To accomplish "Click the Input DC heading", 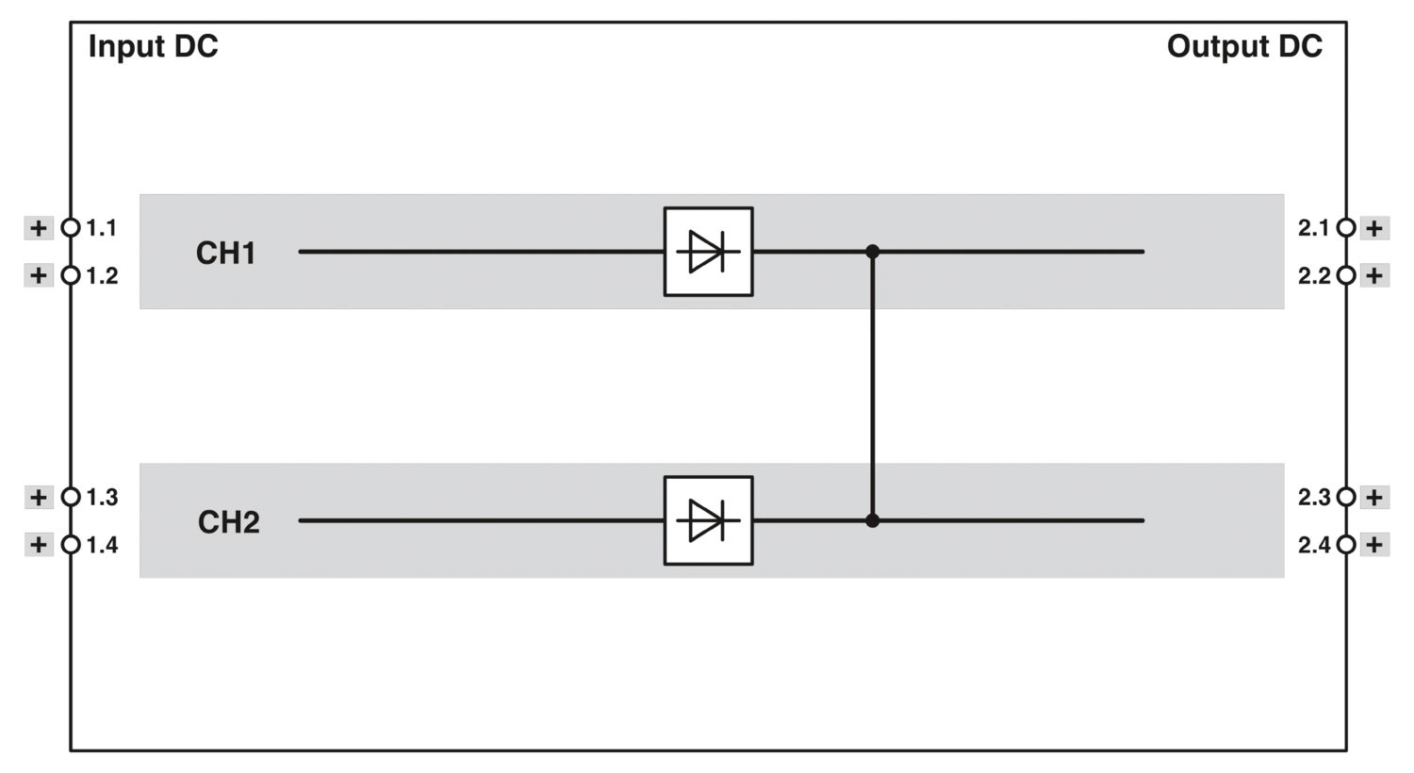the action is (153, 46).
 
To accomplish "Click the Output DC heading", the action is (1244, 46).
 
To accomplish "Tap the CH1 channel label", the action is (226, 253).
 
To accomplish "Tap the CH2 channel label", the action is (228, 522).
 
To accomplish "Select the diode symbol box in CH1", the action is (708, 251).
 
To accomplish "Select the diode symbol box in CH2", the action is (708, 520).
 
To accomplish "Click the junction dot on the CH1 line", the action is (872, 252).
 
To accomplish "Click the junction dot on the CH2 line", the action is (872, 520).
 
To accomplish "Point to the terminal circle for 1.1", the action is (71, 227).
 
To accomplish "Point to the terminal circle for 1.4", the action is (71, 545).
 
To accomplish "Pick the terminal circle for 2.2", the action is (1346, 276).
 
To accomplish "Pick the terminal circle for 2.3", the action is (1346, 497).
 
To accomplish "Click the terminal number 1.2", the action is (102, 276).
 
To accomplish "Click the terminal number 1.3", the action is (102, 497).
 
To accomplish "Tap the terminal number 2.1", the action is (1314, 228).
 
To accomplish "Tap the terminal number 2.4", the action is (1314, 545).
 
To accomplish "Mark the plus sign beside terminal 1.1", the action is (39, 228).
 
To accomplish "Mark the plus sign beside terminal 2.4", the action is (1374, 545).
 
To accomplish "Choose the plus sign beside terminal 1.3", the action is (39, 497).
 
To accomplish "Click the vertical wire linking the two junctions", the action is (872, 386).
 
